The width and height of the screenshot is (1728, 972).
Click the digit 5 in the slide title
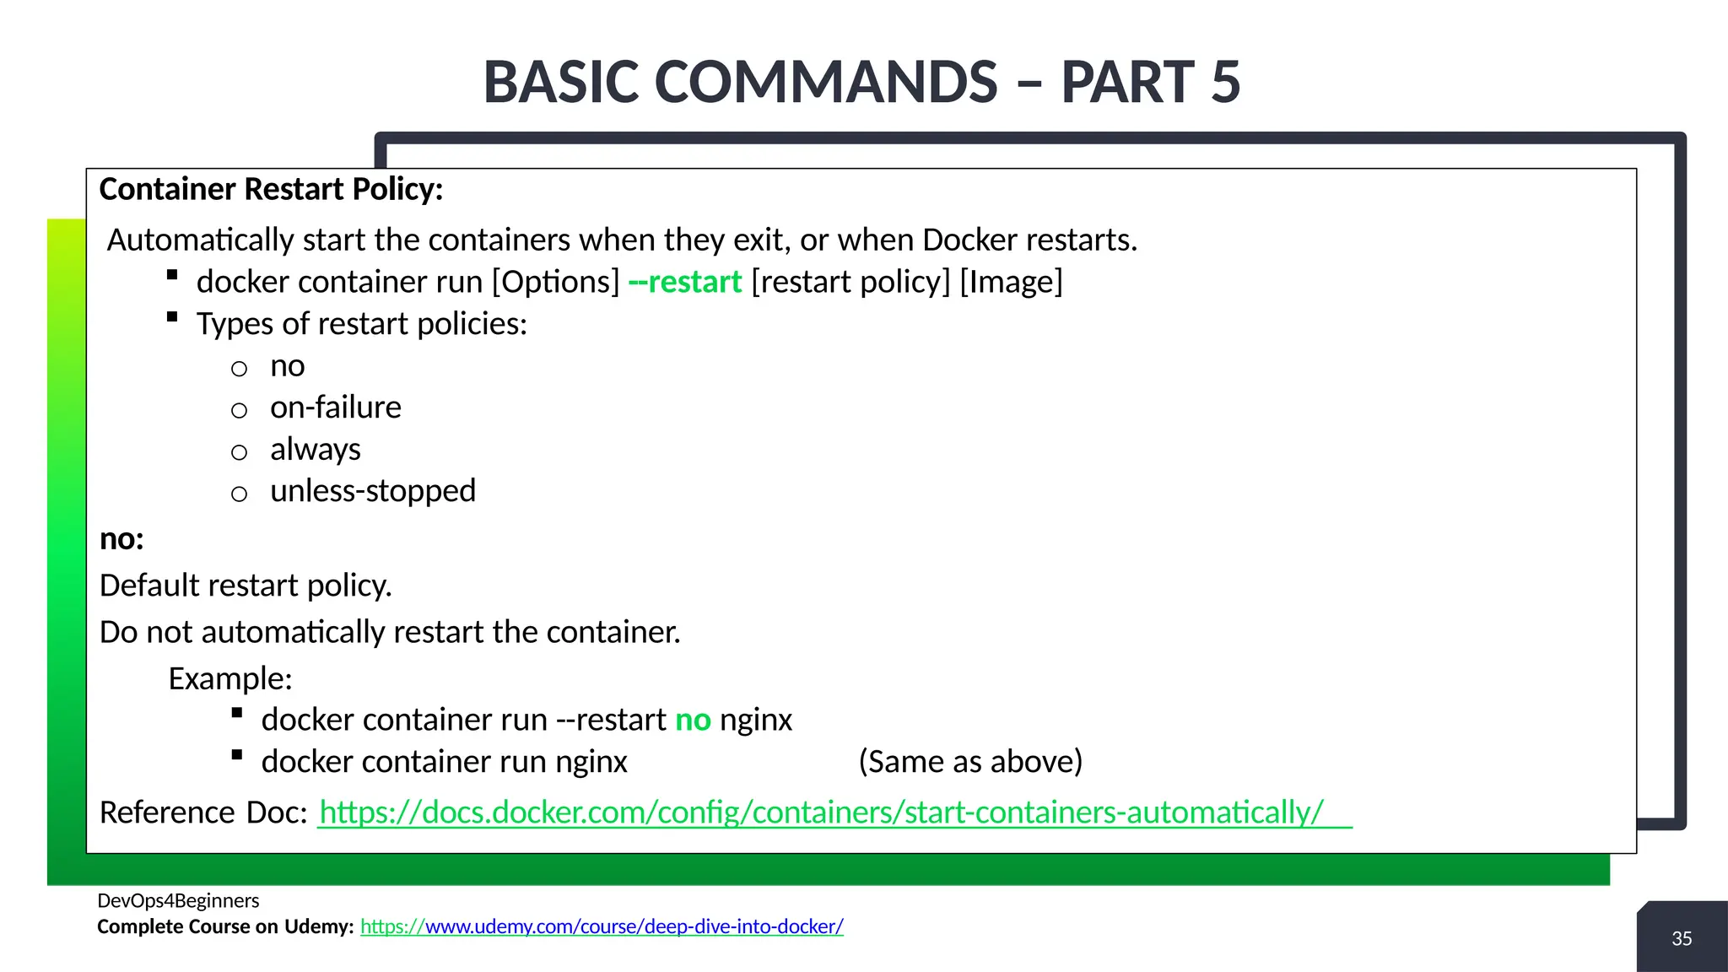click(1225, 83)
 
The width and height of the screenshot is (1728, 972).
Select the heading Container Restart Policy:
click(271, 189)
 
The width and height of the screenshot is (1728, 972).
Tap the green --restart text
click(685, 282)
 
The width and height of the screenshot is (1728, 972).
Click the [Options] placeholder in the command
click(556, 282)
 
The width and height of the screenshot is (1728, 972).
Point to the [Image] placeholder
click(1011, 282)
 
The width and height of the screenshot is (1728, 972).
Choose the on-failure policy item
click(335, 408)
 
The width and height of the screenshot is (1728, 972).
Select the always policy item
click(315, 450)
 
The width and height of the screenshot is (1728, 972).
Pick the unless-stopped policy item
click(372, 491)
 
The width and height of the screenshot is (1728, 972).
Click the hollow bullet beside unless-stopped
click(240, 494)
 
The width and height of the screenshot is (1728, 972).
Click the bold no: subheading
click(121, 539)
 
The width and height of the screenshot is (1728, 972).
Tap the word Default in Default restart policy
click(148, 586)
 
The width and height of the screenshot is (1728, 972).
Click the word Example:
click(229, 678)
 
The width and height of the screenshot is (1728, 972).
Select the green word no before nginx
click(693, 720)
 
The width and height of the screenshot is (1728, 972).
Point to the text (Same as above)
click(970, 762)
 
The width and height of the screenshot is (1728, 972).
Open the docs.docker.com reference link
click(821, 813)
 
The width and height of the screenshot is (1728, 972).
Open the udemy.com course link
click(602, 926)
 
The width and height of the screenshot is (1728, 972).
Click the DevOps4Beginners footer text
click(178, 900)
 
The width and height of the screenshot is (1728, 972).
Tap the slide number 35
click(1682, 938)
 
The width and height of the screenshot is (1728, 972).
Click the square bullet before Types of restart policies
click(172, 317)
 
